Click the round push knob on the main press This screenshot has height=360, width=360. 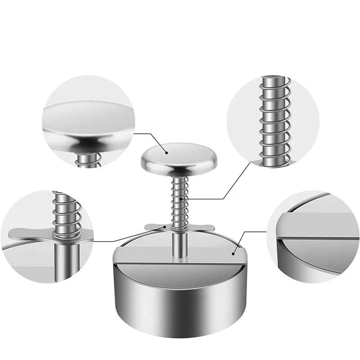click(x=179, y=157)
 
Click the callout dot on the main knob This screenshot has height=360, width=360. click(x=167, y=153)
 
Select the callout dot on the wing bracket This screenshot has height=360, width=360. click(x=165, y=228)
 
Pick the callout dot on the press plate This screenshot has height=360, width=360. click(x=233, y=253)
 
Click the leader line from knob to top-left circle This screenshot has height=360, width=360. click(x=148, y=134)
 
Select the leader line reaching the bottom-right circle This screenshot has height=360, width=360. click(x=252, y=232)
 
